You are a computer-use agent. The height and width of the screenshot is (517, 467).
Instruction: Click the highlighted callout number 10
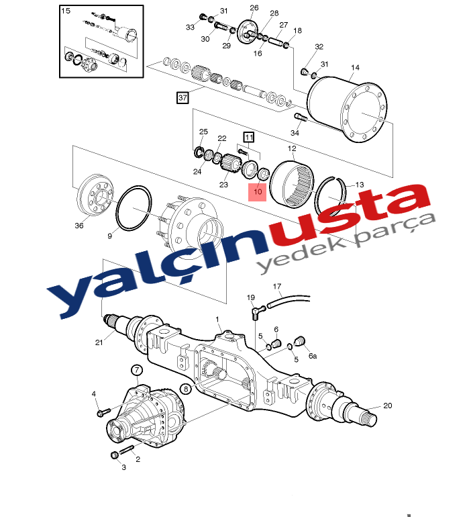pos(258,191)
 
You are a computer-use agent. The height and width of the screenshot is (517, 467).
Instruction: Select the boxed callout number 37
pos(183,97)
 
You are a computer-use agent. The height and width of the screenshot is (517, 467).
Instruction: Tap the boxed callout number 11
pos(249,137)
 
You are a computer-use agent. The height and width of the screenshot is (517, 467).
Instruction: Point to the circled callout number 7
pos(137,370)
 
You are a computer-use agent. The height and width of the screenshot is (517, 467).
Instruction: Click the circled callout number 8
pos(186,389)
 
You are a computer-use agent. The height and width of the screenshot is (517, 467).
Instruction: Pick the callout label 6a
pos(313,356)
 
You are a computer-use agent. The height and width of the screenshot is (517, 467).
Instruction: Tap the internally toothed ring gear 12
pos(291,184)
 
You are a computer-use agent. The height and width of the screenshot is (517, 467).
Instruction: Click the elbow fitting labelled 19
pos(258,312)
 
